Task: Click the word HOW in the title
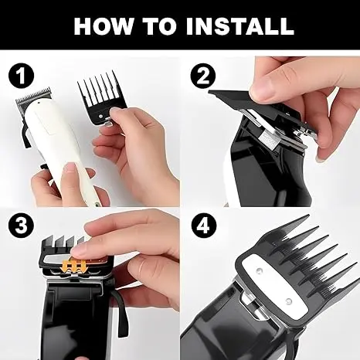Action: pos(104,26)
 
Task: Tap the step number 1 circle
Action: pos(21,76)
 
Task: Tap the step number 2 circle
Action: pos(203,76)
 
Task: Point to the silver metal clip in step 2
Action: pos(268,138)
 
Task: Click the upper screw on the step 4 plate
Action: pos(259,270)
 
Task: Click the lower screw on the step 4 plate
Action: pos(289,301)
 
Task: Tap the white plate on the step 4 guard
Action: pos(275,286)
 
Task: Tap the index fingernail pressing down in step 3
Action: pos(77,250)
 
